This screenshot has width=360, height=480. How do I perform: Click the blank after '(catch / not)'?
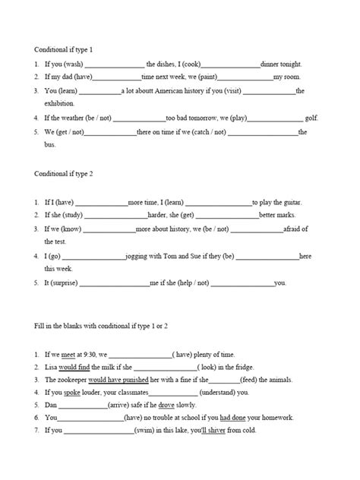(x=262, y=132)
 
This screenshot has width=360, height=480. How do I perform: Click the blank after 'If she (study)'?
(x=109, y=215)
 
